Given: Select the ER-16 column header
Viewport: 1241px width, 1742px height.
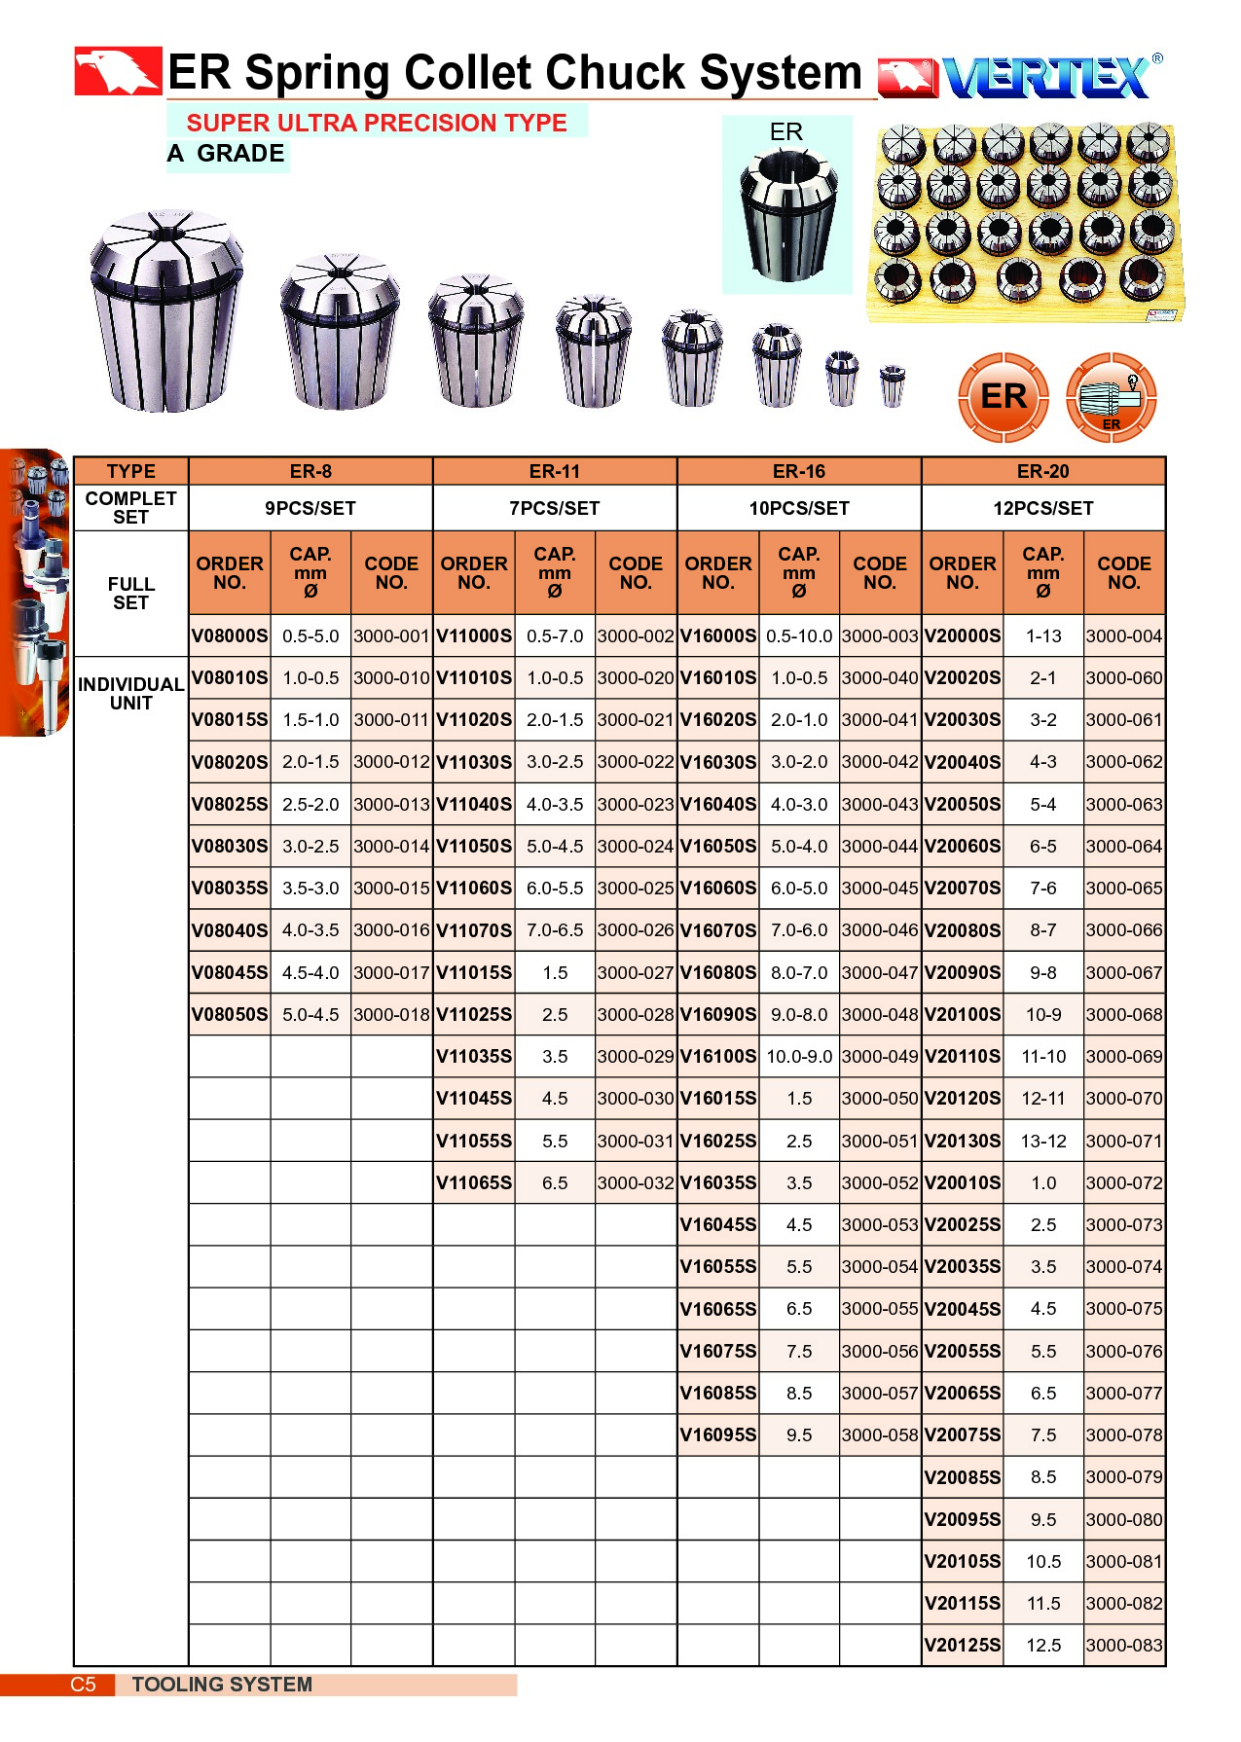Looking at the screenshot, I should click(798, 472).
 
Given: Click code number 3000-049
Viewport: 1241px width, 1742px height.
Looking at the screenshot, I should click(880, 1057).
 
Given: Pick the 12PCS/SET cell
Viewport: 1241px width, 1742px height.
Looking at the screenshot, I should click(1042, 508).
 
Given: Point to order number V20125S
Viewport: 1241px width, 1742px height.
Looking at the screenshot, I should click(962, 1646).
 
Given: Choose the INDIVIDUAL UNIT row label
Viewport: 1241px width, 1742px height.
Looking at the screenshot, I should click(130, 694).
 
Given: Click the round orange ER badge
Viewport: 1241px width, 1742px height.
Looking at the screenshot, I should click(1004, 397).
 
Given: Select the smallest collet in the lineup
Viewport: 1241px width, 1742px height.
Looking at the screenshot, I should click(892, 385).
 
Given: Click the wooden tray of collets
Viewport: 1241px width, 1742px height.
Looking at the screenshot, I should click(1025, 223).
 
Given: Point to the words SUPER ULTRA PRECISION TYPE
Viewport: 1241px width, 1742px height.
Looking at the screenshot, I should click(377, 124).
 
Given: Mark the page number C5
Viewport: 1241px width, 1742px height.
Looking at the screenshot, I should click(84, 1685).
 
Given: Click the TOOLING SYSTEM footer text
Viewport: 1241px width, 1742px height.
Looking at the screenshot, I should click(222, 1685).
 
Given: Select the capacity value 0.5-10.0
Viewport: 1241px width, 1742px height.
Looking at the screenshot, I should click(798, 636).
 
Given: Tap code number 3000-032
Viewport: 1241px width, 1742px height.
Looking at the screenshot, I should click(636, 1183).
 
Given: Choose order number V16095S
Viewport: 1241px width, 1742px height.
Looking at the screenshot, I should click(718, 1435).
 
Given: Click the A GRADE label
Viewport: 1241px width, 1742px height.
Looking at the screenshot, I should click(226, 154).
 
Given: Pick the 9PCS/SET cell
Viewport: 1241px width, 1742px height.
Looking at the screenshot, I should click(310, 508).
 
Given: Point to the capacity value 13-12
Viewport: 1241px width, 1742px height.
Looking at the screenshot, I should click(1042, 1142).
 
